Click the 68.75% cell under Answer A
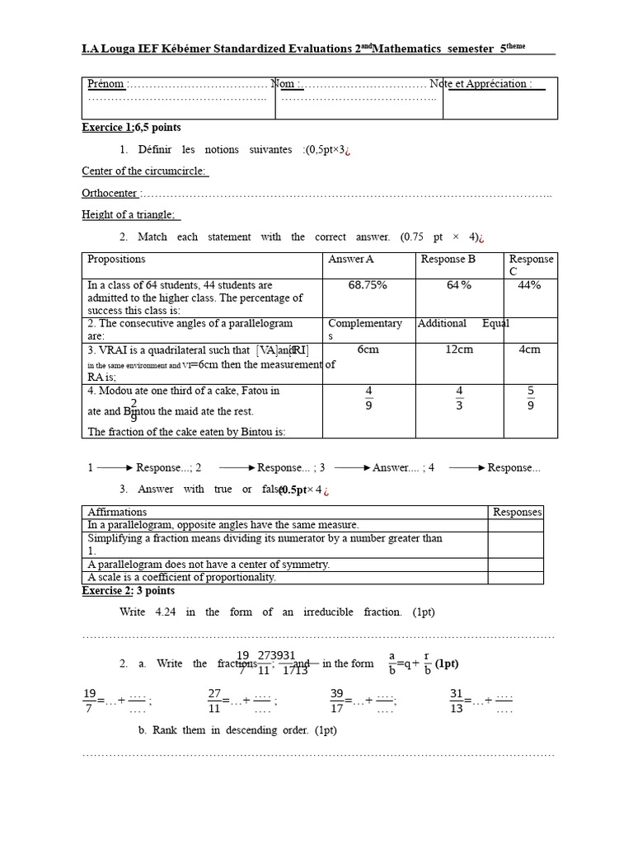[368, 285]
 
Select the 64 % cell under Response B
[459, 285]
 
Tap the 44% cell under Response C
[530, 285]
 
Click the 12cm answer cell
[459, 349]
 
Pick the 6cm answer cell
[368, 349]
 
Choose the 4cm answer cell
[530, 349]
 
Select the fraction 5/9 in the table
[530, 397]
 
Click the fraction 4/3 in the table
[459, 397]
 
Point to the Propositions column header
[116, 259]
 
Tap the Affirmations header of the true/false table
[117, 512]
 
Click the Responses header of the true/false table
[517, 512]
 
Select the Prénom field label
[106, 84]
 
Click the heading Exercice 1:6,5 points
[131, 128]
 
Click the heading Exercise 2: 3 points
[128, 591]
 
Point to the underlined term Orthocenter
[110, 193]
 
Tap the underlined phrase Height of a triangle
[128, 214]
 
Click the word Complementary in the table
[365, 324]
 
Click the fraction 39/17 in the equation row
[337, 701]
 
